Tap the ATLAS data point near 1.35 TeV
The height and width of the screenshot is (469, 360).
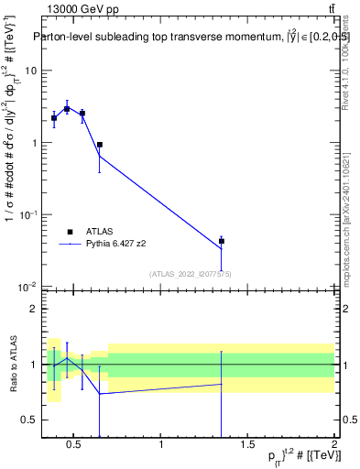click(x=222, y=241)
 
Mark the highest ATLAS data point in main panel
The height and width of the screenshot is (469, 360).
click(x=67, y=109)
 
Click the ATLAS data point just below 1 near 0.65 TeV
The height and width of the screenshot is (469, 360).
click(x=99, y=145)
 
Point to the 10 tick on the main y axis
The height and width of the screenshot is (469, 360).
click(x=31, y=71)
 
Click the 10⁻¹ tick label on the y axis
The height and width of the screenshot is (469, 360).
click(x=28, y=214)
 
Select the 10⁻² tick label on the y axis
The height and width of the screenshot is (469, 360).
click(x=28, y=287)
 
